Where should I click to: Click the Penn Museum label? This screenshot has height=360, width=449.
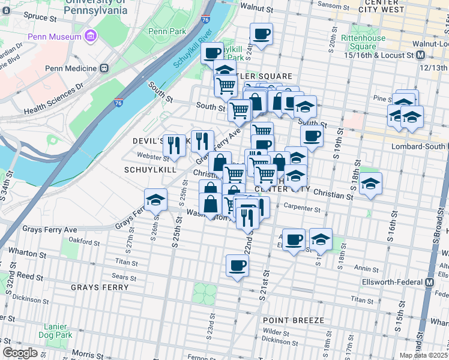[x=57, y=37]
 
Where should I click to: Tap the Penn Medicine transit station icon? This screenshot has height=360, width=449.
[x=104, y=68]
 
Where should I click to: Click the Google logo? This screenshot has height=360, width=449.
[x=20, y=353]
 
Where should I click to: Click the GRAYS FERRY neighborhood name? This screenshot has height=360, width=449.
[x=100, y=287]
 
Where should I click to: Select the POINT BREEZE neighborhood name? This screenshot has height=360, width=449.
[x=293, y=320]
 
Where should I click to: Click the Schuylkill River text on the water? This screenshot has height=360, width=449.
[x=193, y=49]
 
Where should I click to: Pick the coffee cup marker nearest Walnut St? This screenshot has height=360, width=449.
[x=261, y=34]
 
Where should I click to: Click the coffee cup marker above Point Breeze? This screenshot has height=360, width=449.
[x=237, y=265]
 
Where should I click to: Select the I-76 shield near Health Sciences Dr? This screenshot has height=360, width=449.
[x=119, y=103]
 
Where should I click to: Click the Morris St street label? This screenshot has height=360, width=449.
[x=85, y=355]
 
